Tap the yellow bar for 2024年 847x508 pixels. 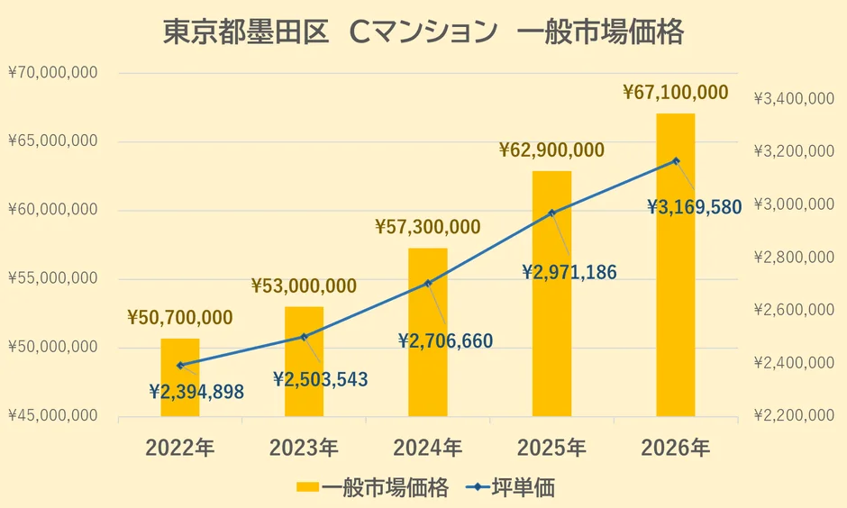pos(428,333)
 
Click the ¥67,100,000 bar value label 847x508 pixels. pos(676,93)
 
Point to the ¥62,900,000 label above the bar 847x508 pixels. pos(551,150)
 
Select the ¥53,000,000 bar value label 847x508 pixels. pos(304,286)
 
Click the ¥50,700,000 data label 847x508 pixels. pos(180,317)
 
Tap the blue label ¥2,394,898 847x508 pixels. pos(196,392)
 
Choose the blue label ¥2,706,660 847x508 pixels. pos(445,341)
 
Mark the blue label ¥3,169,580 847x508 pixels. pos(695,207)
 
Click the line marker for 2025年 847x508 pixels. pos(552,213)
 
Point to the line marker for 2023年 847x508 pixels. pos(304,337)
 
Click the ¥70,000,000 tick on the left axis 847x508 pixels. pos(53,73)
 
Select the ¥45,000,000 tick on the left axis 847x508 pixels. pos(53,416)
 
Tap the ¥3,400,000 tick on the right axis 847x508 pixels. pos(793,98)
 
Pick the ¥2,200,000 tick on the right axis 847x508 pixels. pos(793,416)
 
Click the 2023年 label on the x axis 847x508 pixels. pos(304,447)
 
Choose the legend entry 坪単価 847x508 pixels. pos(511,488)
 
